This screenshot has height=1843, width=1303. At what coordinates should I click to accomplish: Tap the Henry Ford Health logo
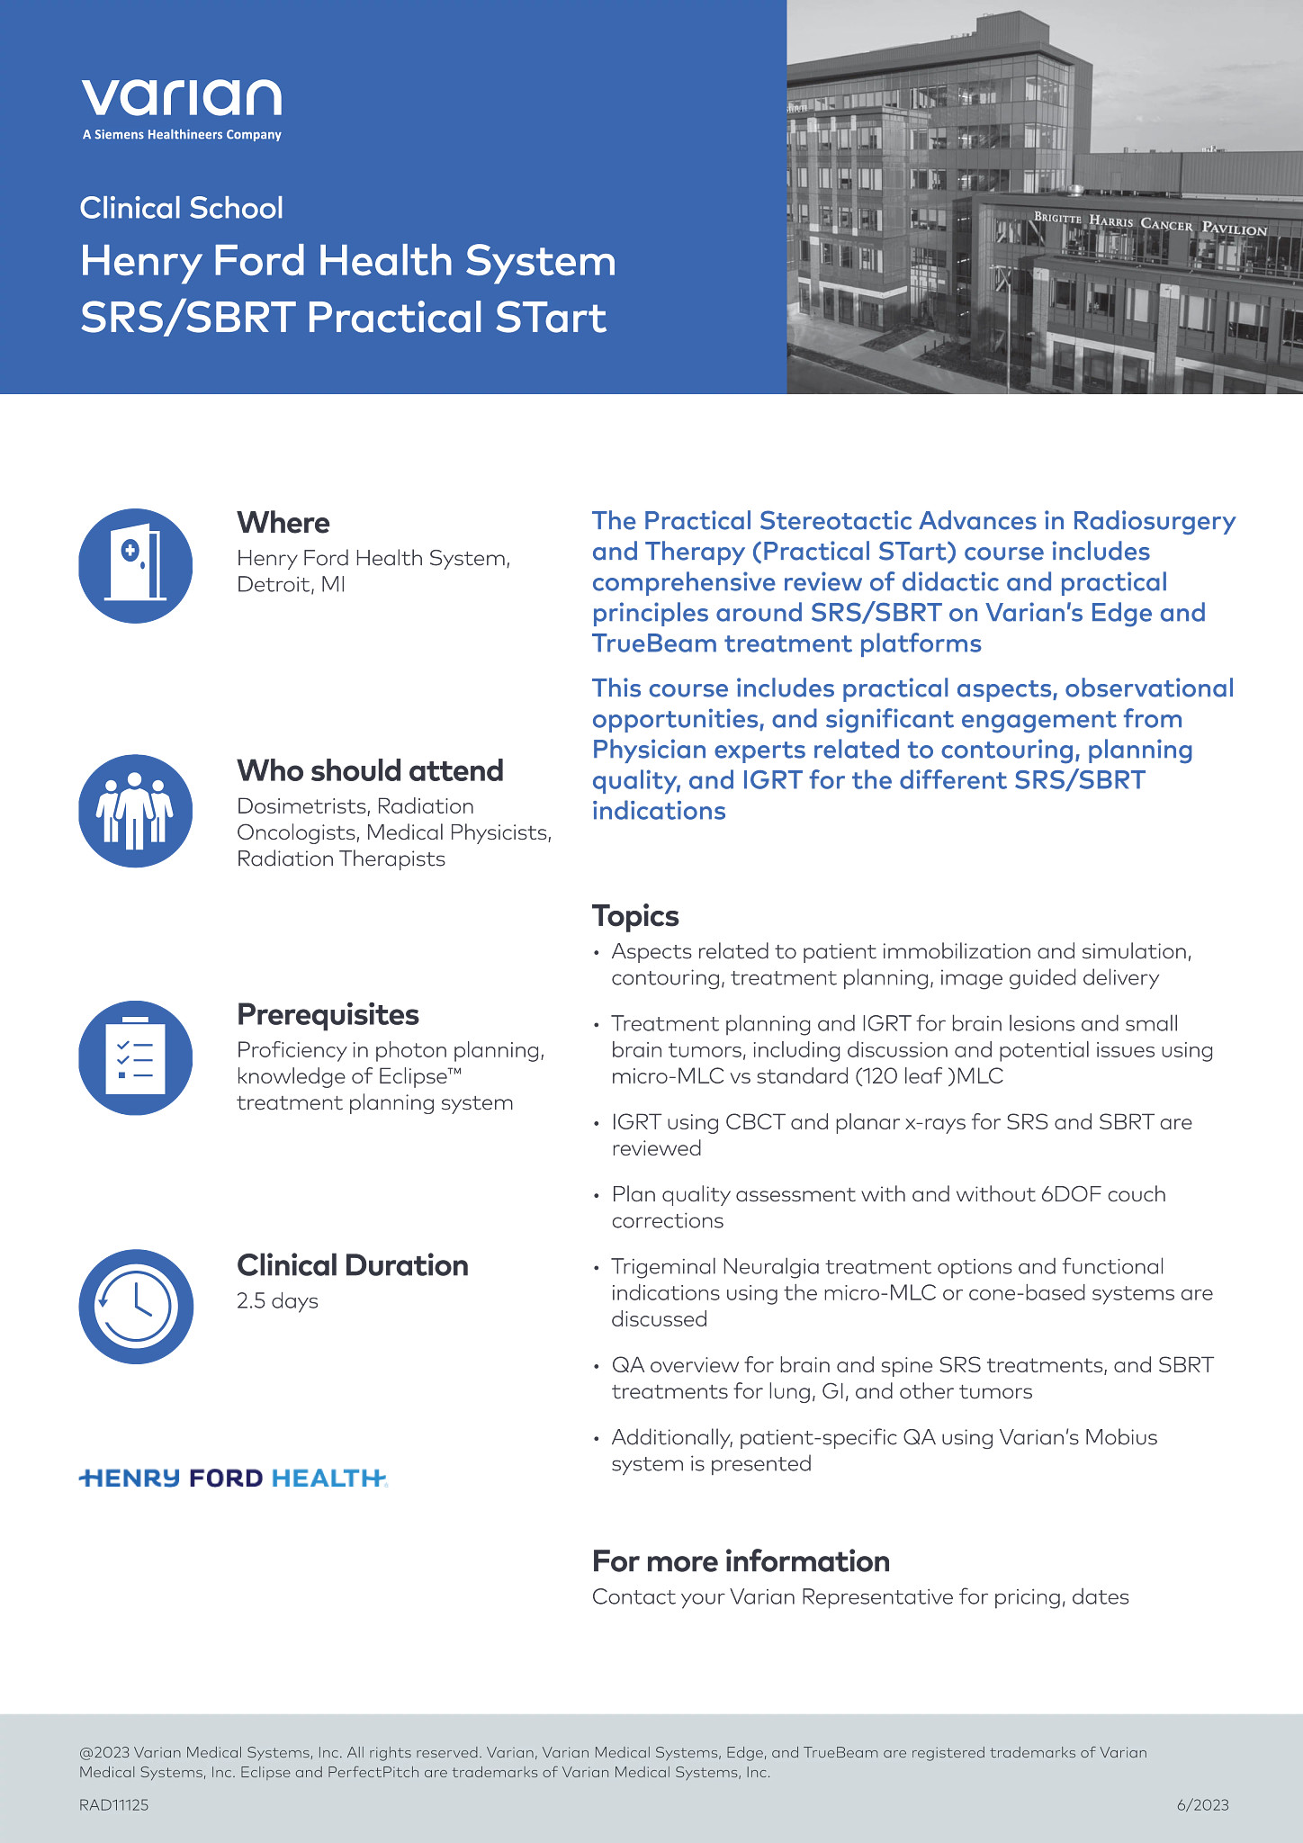(233, 1478)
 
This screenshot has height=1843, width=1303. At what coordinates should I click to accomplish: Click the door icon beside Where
(136, 566)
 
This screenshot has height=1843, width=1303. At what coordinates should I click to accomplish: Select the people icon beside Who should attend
(136, 811)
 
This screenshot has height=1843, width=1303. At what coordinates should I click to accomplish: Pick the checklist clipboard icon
(136, 1058)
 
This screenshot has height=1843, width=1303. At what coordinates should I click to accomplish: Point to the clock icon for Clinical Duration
(136, 1306)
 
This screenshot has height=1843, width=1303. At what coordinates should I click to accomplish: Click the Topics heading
(635, 916)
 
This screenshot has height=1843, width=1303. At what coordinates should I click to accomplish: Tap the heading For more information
(741, 1560)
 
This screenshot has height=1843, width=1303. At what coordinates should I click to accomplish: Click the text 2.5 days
(277, 1301)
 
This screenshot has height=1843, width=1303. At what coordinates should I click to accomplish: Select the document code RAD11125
(114, 1804)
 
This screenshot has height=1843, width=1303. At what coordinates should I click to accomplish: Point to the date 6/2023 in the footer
(1202, 1804)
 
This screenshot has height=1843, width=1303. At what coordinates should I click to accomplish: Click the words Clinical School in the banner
(182, 208)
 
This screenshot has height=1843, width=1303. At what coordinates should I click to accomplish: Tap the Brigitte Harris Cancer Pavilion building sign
(1150, 223)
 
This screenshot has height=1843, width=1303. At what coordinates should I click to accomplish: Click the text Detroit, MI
(291, 584)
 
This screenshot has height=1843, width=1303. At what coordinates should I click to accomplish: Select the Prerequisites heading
(328, 1014)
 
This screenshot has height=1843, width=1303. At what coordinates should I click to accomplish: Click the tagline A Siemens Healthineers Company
(182, 135)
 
